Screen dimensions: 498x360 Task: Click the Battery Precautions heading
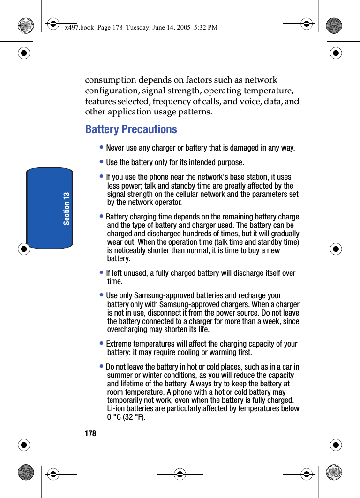[131, 129]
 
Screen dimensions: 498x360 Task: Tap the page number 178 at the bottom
[90, 434]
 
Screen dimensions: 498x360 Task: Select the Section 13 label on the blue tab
[67, 208]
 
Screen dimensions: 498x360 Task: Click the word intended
[195, 163]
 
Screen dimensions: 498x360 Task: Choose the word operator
[168, 203]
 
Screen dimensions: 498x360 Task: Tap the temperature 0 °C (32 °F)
[126, 417]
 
